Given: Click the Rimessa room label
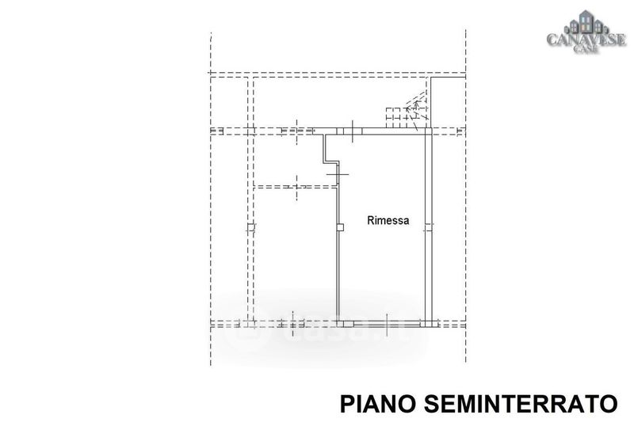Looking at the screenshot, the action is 388,222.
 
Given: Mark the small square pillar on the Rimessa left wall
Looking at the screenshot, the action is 340,227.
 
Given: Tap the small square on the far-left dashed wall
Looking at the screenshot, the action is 250,228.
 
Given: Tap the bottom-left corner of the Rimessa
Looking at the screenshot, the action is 338,323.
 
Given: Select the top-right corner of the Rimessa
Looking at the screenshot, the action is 430,131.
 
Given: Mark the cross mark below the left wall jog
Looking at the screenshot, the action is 338,173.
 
